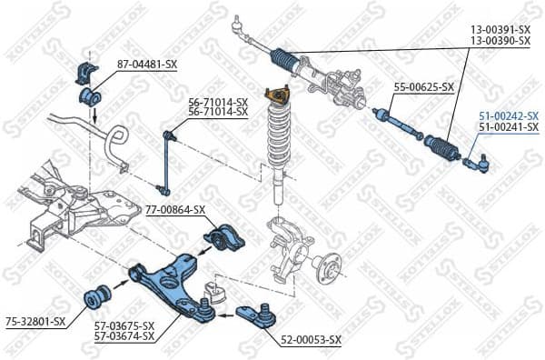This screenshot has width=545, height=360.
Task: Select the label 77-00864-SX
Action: (x=175, y=209)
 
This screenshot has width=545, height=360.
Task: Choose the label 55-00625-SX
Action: (x=423, y=87)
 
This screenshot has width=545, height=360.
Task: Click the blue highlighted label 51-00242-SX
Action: (x=508, y=116)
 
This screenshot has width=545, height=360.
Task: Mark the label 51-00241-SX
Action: (x=508, y=128)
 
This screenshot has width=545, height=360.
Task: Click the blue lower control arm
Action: (x=175, y=277)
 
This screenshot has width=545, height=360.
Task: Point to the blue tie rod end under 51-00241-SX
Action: (x=478, y=164)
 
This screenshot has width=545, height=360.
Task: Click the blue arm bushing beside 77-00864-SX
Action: (x=222, y=238)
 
